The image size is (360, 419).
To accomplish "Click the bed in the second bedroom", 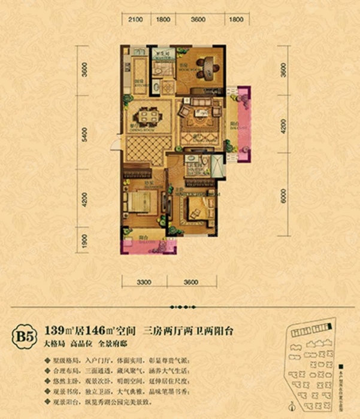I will (x=196, y=211).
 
